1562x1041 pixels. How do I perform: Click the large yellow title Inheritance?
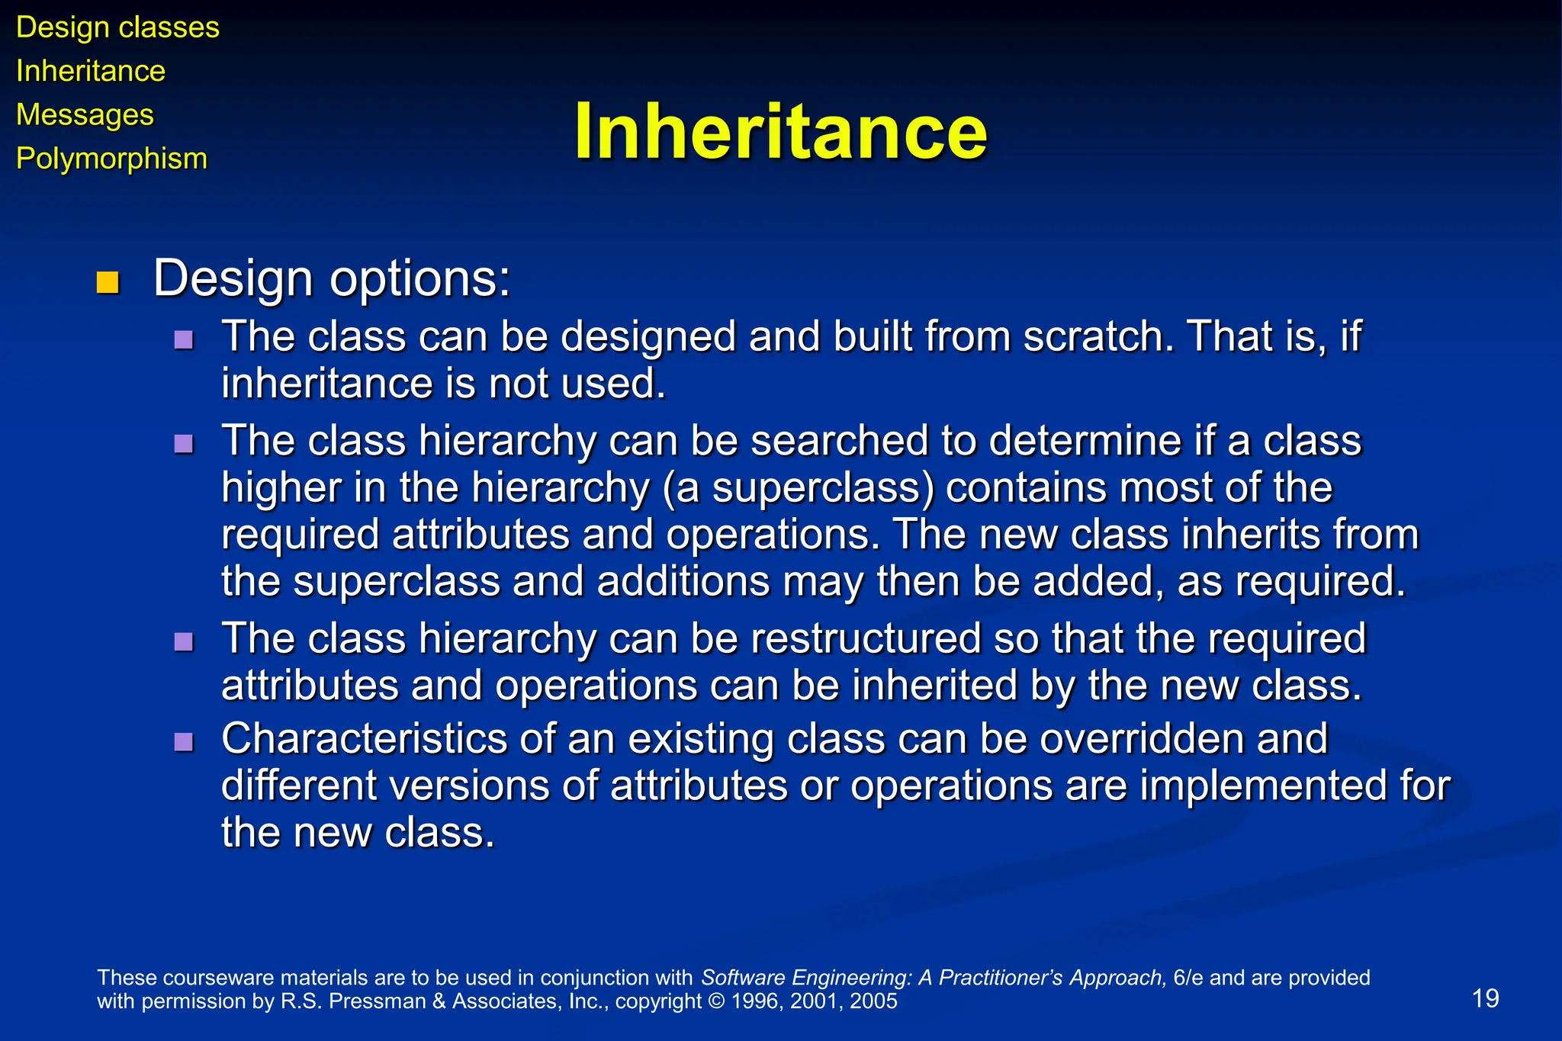[780, 132]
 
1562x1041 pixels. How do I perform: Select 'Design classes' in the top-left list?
[117, 27]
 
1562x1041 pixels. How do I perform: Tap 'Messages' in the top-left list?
[85, 115]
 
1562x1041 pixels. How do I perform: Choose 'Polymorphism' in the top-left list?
[111, 159]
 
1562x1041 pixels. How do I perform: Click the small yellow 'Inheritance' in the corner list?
[90, 71]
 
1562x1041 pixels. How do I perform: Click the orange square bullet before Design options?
[108, 282]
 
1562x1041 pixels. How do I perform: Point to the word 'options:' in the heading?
[419, 279]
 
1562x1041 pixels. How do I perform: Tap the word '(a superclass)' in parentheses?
[798, 487]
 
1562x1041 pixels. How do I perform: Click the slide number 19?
[1485, 998]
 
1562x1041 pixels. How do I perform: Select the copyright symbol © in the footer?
[716, 1001]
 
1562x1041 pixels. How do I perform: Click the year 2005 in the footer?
[873, 1001]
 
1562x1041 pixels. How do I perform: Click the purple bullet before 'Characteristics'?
[184, 742]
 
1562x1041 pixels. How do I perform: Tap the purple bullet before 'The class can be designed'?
[184, 339]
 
